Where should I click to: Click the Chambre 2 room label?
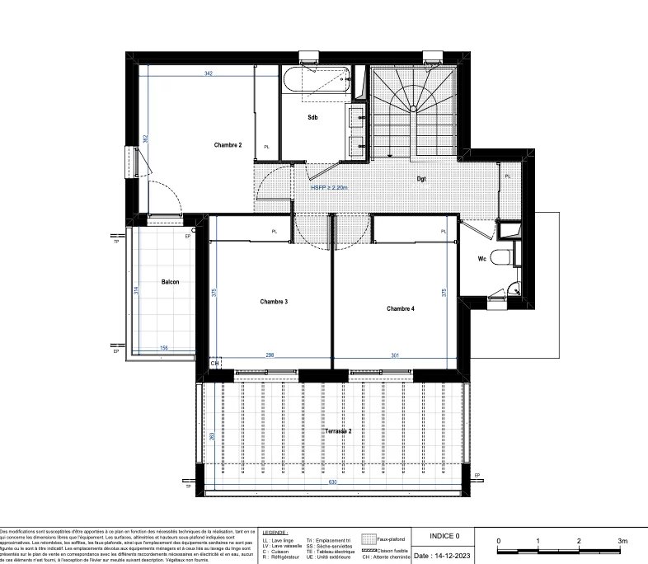click(x=228, y=145)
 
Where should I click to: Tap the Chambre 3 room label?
click(x=273, y=302)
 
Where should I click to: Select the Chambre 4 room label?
click(x=401, y=308)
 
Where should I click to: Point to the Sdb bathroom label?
click(x=313, y=116)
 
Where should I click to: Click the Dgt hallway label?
click(x=421, y=178)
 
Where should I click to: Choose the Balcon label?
click(x=171, y=282)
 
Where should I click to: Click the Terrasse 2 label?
click(x=338, y=431)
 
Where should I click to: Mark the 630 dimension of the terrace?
click(x=333, y=482)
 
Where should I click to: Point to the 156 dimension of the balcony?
click(x=164, y=349)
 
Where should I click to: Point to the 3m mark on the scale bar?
click(x=623, y=542)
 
